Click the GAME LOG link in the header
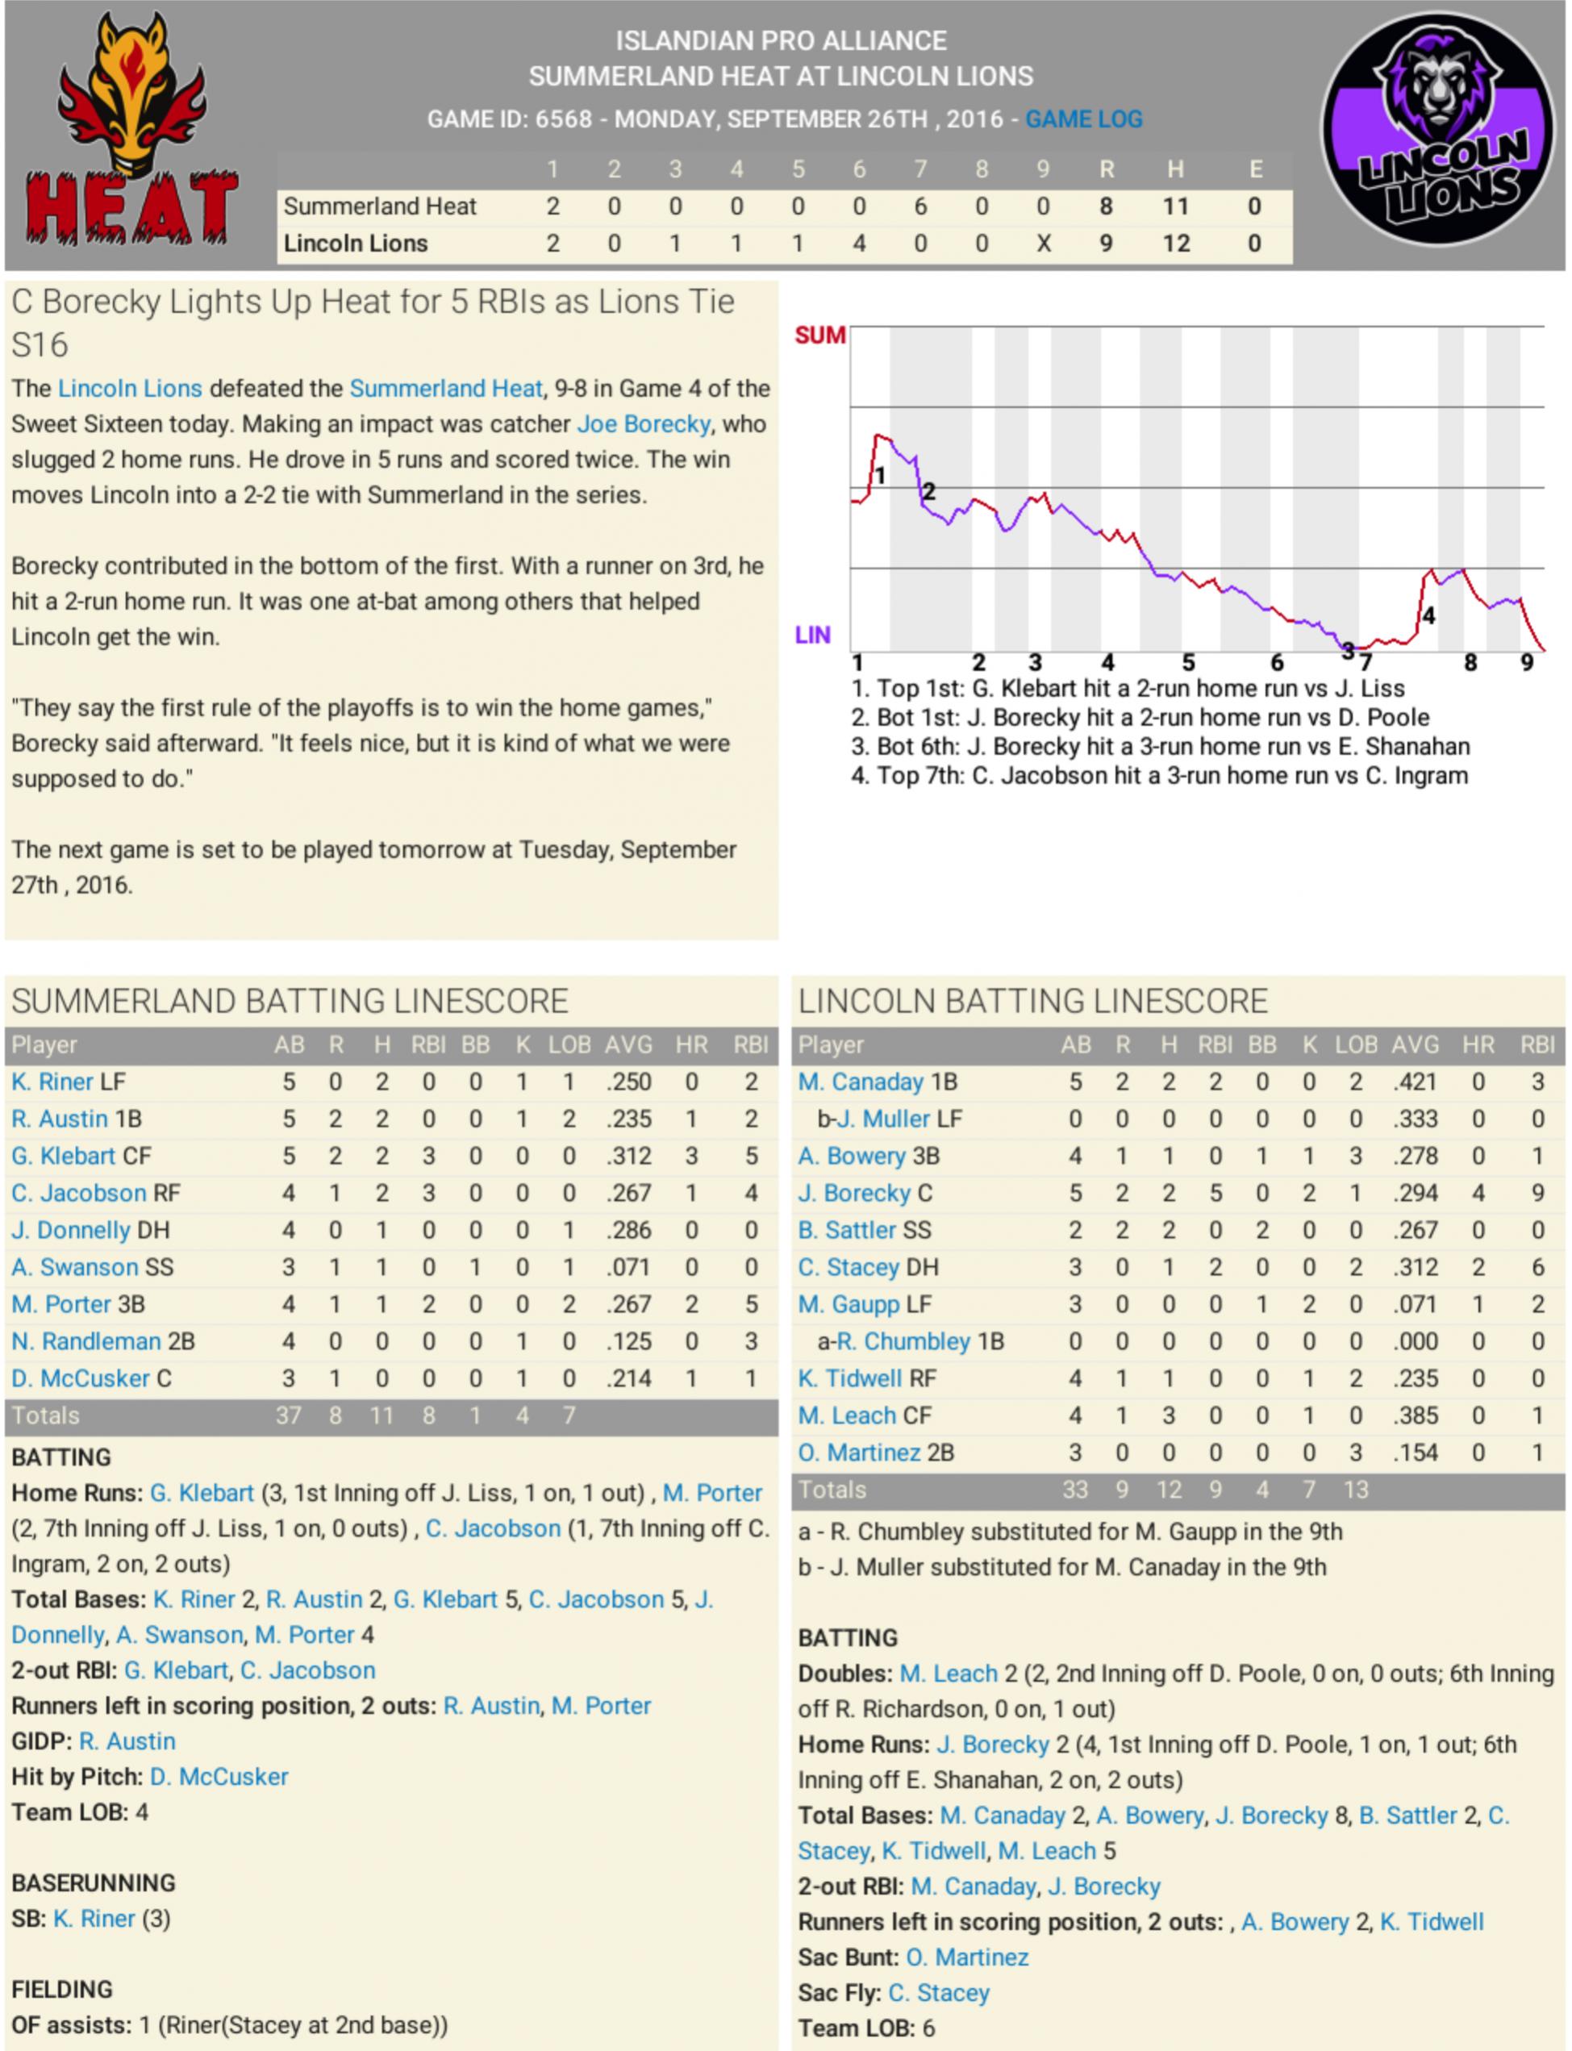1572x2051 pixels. (x=1083, y=119)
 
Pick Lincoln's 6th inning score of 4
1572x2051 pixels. (x=859, y=244)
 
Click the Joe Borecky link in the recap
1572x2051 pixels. (x=644, y=424)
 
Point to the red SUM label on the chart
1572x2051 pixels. (x=819, y=335)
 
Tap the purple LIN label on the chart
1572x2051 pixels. (x=812, y=636)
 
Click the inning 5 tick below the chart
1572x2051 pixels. (x=1187, y=662)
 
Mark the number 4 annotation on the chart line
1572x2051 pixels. (x=1428, y=615)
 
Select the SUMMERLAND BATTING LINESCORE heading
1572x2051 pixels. (x=290, y=1001)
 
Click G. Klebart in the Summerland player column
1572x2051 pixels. (x=63, y=1156)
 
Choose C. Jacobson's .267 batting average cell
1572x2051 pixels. (x=628, y=1193)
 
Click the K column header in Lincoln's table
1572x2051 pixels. (x=1309, y=1044)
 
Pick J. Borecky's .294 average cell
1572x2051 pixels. (x=1415, y=1193)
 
